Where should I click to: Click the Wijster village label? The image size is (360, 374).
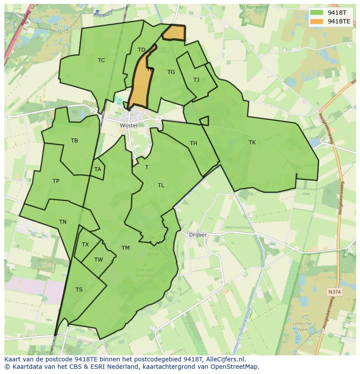[129, 125]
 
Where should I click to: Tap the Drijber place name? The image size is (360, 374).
[198, 235]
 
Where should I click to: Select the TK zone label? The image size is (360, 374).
[252, 142]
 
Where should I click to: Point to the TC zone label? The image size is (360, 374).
[101, 60]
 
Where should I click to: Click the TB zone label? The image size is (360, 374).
[74, 140]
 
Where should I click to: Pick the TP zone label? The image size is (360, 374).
[56, 181]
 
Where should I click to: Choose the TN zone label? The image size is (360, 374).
[63, 222]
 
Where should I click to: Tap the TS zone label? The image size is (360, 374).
[79, 290]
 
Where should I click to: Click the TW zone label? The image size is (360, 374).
[99, 260]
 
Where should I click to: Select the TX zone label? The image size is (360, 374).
[85, 244]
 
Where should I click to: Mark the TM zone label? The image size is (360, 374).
[126, 248]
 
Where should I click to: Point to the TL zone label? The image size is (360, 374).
[161, 185]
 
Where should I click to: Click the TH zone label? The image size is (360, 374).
[193, 143]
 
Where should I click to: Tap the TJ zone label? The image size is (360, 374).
[197, 79]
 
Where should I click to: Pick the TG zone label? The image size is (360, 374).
[171, 72]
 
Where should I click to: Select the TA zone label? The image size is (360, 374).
[98, 169]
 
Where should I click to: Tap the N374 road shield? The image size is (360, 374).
[334, 292]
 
